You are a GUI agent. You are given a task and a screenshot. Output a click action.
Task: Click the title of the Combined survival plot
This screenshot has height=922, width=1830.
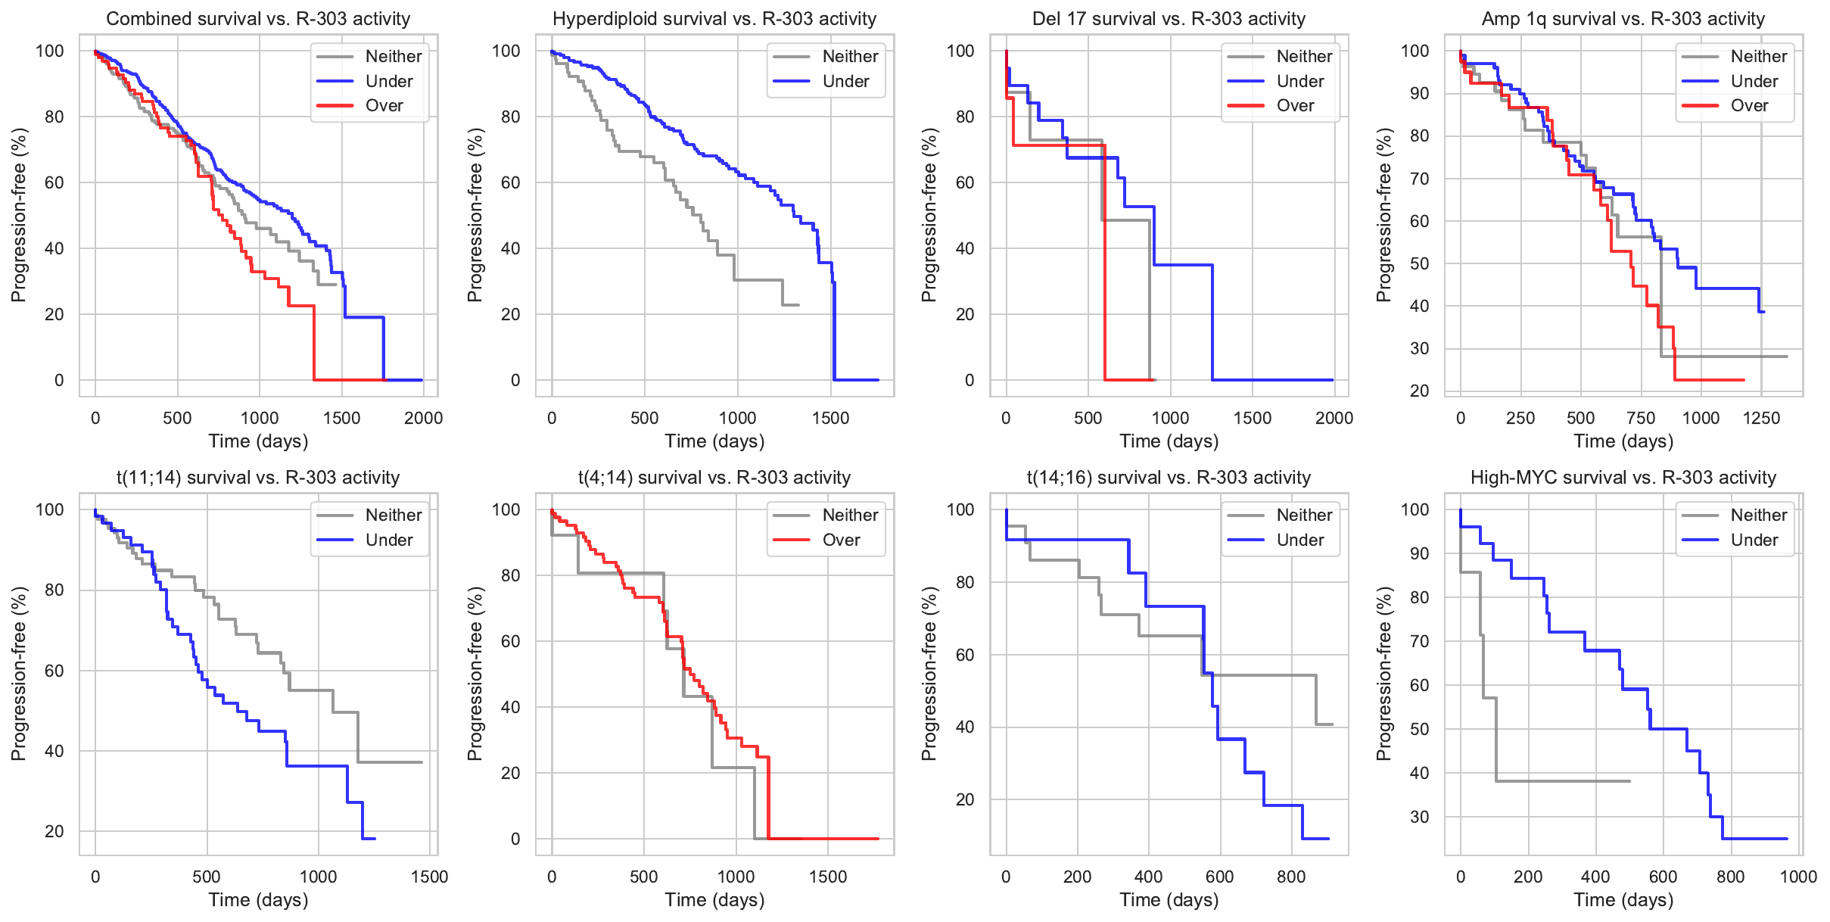pos(258,19)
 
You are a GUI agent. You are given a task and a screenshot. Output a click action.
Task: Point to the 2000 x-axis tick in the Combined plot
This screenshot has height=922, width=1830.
pos(424,418)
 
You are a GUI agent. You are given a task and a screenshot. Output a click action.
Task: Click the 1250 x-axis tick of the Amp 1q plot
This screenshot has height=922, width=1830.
pos(1761,418)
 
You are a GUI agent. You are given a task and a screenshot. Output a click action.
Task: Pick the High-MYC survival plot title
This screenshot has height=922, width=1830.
pos(1623,478)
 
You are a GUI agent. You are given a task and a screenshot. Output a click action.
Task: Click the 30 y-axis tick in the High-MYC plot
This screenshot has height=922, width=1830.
pos(1420,817)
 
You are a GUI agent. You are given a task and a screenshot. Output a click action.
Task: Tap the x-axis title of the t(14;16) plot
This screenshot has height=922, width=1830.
pos(1169,899)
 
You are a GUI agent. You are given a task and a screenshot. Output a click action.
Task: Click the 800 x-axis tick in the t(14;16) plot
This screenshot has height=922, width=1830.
pos(1291,877)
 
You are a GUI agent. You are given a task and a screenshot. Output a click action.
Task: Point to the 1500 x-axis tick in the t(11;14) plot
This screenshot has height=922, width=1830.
pos(430,877)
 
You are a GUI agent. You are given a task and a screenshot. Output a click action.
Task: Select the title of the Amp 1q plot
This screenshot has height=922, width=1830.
pos(1623,19)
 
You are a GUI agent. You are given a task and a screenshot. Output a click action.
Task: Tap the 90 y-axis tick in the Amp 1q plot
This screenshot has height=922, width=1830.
pos(1420,93)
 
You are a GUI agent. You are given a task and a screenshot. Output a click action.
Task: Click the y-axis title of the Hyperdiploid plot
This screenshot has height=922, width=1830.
pos(475,215)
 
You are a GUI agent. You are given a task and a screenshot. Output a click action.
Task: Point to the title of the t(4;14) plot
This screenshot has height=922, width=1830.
pos(714,478)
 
